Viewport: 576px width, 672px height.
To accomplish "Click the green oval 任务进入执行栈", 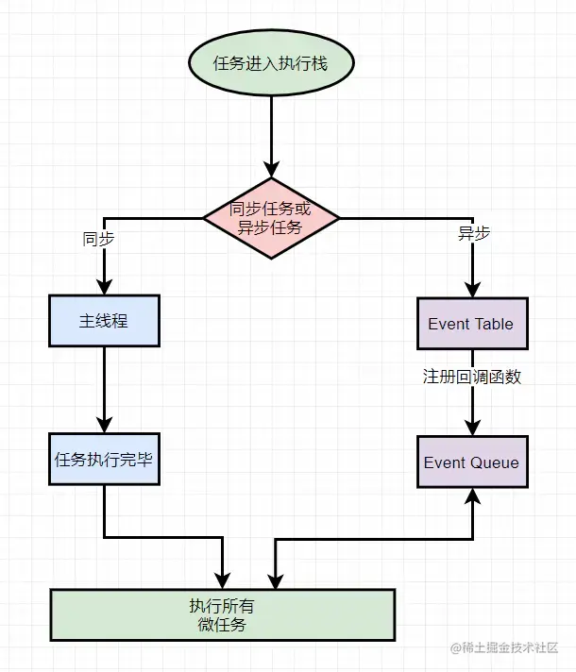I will pos(271,63).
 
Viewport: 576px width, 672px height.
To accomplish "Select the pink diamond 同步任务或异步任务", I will pos(271,218).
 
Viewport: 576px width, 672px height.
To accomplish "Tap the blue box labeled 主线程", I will pos(104,321).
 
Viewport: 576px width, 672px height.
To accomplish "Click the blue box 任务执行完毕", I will pos(104,461).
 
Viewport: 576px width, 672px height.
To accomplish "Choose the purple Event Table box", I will pos(471,323).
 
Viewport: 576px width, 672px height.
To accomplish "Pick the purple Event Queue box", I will pos(471,462).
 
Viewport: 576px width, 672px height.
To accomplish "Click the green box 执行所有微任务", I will pos(222,614).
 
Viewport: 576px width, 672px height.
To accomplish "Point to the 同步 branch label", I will pos(98,239).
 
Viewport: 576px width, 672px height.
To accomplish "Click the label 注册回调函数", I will pos(471,376).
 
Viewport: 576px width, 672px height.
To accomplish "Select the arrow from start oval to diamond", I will pos(271,132).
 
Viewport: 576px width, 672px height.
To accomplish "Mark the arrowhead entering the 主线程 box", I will pos(104,287).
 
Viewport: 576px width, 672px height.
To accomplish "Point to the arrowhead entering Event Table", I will pos(471,289).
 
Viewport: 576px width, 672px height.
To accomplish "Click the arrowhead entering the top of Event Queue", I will pos(471,428).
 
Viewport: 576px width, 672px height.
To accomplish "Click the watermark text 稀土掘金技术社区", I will pos(510,648).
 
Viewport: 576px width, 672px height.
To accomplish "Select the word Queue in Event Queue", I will pos(496,462).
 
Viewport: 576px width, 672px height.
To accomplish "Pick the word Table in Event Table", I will pos(496,323).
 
